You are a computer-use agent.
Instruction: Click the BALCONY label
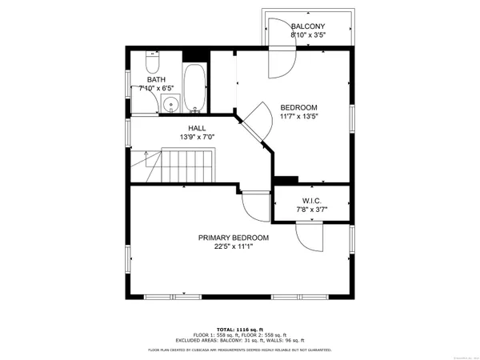(x=307, y=26)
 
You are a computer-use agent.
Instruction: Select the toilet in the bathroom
(x=154, y=62)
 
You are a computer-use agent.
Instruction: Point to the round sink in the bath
(x=170, y=104)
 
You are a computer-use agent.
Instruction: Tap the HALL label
(x=197, y=127)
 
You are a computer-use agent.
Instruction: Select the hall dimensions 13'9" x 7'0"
(x=197, y=137)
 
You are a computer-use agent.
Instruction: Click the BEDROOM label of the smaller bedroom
(x=298, y=107)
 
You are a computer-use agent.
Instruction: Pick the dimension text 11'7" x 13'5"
(x=298, y=117)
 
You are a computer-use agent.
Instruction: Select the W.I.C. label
(x=311, y=201)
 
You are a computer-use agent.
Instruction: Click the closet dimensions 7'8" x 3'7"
(x=311, y=210)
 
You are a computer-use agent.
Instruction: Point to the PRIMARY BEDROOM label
(x=234, y=238)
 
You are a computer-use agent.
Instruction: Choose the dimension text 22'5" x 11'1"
(x=234, y=247)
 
